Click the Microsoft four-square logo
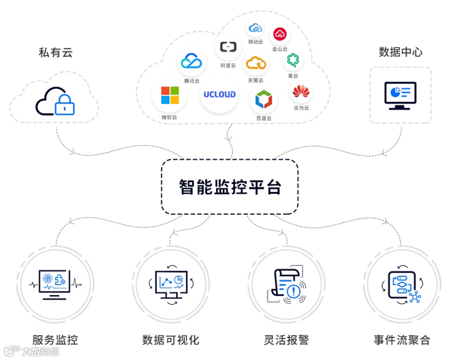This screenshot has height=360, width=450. pos(169,96)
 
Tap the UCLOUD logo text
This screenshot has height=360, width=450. pos(219,95)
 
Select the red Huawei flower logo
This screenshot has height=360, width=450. pos(300,92)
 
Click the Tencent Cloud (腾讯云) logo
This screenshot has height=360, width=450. pos(191,62)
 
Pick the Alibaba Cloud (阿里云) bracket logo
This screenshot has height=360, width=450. pos(228,47)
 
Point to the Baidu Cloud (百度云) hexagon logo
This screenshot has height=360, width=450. pos(263,99)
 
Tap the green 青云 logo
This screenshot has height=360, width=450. pos(293,60)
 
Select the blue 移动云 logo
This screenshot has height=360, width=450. pos(255,28)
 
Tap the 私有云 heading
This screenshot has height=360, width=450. pos(56,52)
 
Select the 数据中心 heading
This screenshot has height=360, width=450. pos(401,52)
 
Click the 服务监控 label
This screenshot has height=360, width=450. pos(55,340)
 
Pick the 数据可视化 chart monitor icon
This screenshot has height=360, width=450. pos(170,284)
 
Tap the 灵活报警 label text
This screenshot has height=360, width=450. pos(286,340)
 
